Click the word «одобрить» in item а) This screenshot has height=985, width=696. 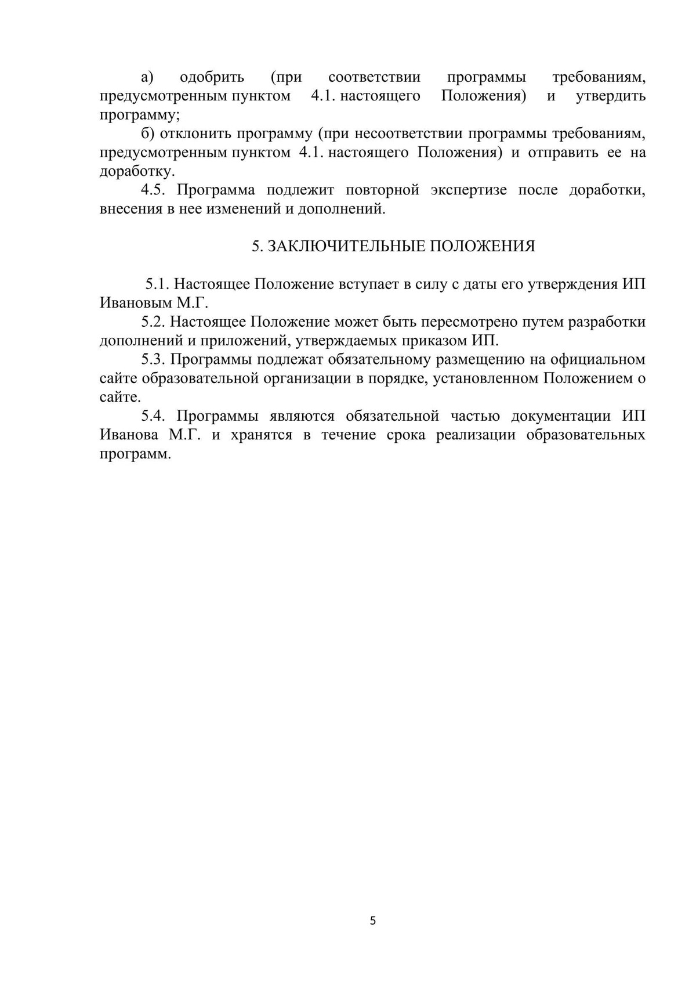(x=212, y=77)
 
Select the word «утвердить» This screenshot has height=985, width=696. (x=610, y=96)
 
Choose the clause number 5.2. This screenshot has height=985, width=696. (x=153, y=322)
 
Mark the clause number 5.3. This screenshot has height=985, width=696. (x=153, y=360)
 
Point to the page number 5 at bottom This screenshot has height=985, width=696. (x=372, y=921)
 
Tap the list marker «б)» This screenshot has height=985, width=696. (x=148, y=134)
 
